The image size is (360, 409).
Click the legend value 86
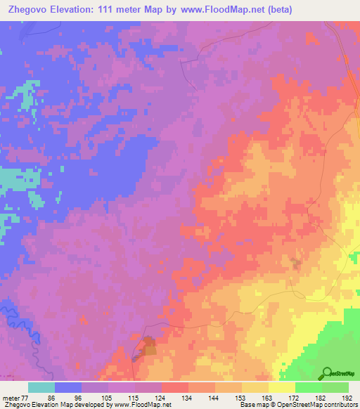coord(51,397)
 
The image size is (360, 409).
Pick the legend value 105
coord(105,397)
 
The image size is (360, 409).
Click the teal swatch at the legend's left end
coord(41,387)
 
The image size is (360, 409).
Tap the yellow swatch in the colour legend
coord(281,387)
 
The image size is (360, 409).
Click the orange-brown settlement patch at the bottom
coord(148,346)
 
